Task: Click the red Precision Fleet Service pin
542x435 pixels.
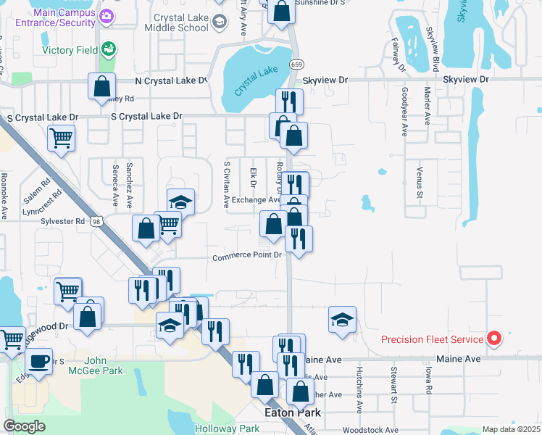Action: point(494,338)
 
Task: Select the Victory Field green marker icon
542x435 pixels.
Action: point(109,49)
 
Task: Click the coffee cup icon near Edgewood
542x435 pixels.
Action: point(38,360)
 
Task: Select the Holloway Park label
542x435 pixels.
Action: point(228,428)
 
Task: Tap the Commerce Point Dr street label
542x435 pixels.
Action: point(246,256)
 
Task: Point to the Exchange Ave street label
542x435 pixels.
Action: point(256,200)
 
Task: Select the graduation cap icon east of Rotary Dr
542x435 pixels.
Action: point(342,319)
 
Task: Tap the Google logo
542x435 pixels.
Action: point(25,426)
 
